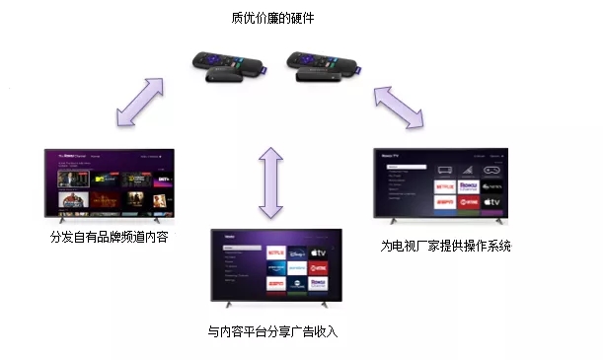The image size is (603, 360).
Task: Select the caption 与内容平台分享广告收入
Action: pos(272,331)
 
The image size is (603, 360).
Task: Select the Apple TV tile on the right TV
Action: pos(489,201)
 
